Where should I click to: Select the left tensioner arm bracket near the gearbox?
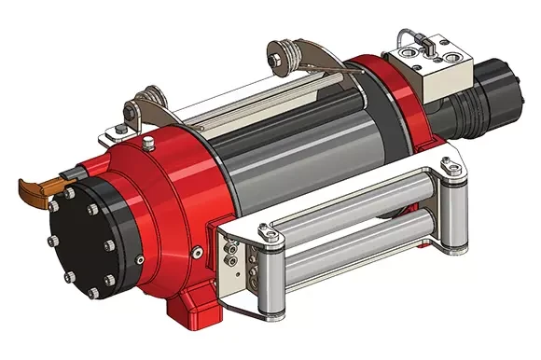tap(140, 107)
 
